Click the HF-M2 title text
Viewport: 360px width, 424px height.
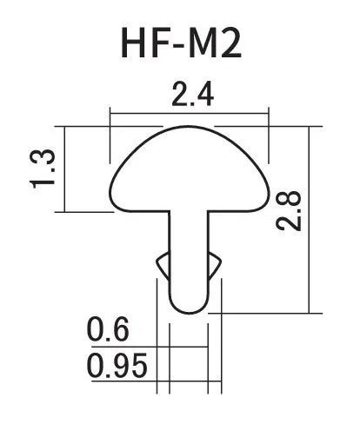point(181,43)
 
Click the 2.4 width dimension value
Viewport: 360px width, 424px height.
point(193,94)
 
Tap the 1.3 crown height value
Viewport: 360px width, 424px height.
point(43,169)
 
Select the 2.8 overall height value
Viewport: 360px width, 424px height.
point(289,210)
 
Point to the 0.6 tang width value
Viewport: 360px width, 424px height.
point(108,329)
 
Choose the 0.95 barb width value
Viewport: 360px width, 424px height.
point(117,365)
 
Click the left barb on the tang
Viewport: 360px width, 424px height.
point(163,265)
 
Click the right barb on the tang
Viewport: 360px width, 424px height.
point(215,265)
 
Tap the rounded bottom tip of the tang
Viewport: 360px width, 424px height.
point(189,313)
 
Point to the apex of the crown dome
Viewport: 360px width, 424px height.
point(188,126)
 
